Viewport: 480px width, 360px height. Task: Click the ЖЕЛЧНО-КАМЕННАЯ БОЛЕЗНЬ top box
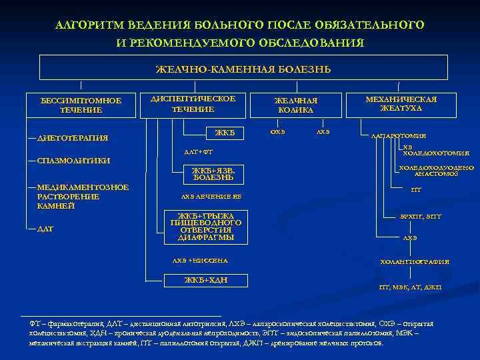[x=243, y=69]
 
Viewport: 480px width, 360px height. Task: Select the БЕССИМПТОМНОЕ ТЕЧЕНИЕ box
[x=81, y=105]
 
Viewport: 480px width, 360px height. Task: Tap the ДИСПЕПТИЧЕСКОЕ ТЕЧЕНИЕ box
[x=193, y=104]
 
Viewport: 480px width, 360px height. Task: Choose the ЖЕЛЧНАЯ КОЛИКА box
[x=297, y=105]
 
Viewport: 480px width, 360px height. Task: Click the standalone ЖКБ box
[x=225, y=132]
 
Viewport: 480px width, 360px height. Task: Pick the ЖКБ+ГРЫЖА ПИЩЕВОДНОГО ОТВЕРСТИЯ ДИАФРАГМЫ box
[x=206, y=227]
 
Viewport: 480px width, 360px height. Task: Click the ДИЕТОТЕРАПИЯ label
[x=72, y=138]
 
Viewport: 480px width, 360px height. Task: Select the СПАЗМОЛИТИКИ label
[x=73, y=161]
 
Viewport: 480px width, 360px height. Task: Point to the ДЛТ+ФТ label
[x=197, y=152]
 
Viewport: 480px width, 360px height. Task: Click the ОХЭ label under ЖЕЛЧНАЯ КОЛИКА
[x=277, y=131]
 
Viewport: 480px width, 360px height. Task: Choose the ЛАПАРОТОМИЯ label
[x=399, y=136]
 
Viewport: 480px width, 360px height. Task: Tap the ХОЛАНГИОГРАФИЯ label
[x=415, y=262]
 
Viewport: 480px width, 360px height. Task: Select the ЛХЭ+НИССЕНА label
[x=200, y=260]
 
